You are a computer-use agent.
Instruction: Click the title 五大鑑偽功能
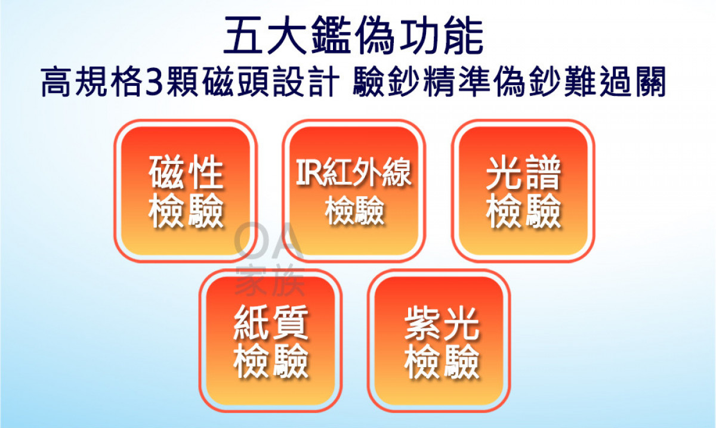[353, 35]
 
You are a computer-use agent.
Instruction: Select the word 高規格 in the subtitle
[92, 82]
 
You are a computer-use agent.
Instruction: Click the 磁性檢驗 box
[186, 191]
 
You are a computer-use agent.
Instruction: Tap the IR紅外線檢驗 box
[354, 191]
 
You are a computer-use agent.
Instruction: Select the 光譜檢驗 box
[523, 191]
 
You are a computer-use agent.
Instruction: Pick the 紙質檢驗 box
[270, 340]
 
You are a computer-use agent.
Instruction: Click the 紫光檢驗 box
[439, 340]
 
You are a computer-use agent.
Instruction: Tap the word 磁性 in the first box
[186, 172]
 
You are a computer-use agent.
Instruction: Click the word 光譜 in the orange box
[524, 172]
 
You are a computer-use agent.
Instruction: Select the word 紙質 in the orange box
[271, 322]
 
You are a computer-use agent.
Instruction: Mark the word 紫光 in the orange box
[442, 323]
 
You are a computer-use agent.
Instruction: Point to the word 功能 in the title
[441, 35]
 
